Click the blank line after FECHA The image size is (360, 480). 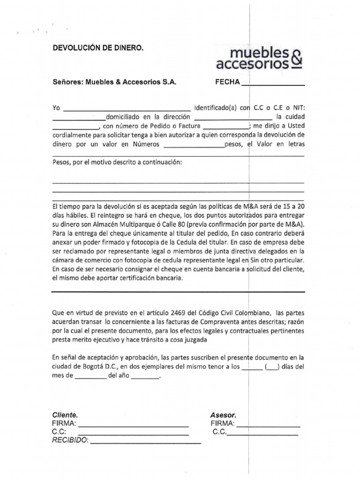[x=272, y=84]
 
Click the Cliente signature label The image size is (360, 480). [x=65, y=415]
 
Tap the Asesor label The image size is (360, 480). [x=224, y=415]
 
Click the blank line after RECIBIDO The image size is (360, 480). [x=145, y=442]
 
